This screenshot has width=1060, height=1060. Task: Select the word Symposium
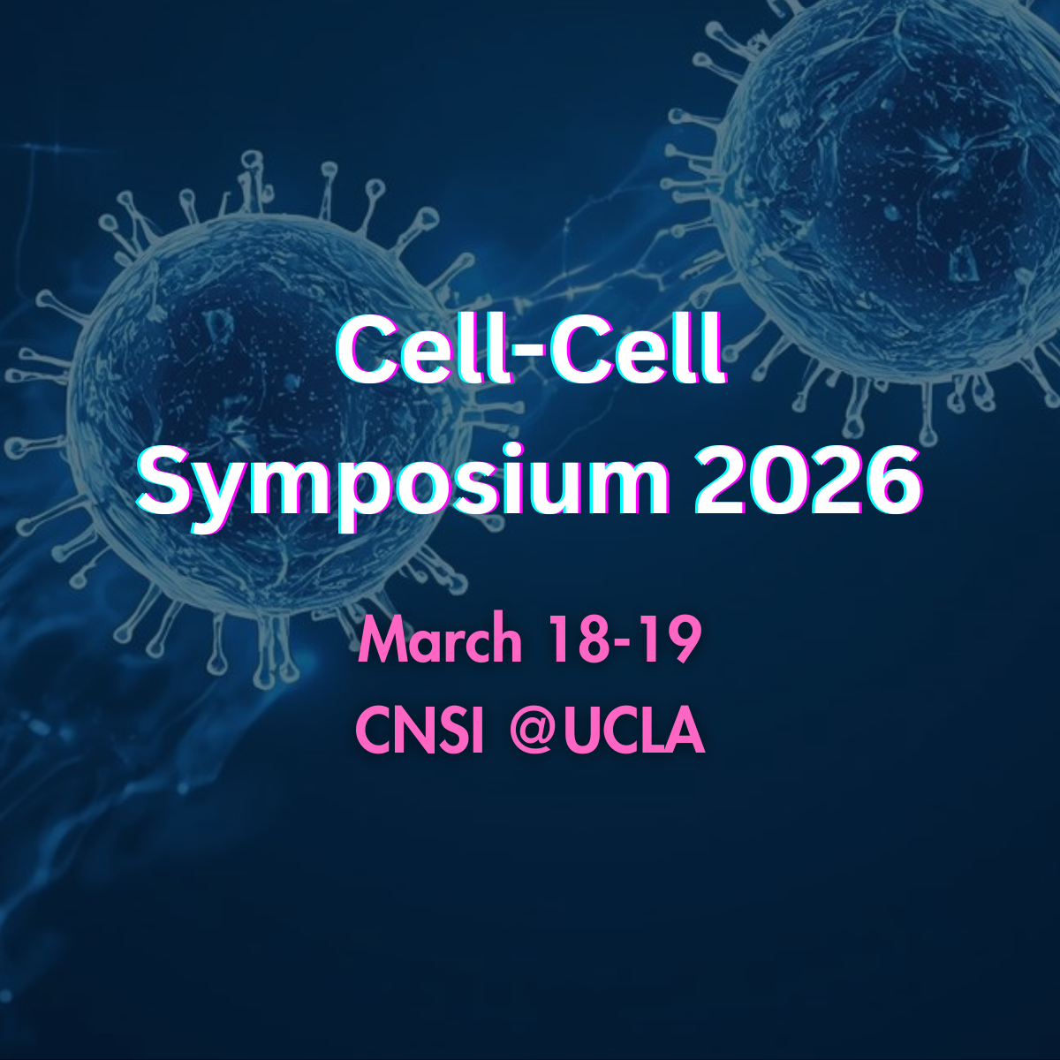403,483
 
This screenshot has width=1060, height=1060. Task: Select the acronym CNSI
420,732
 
